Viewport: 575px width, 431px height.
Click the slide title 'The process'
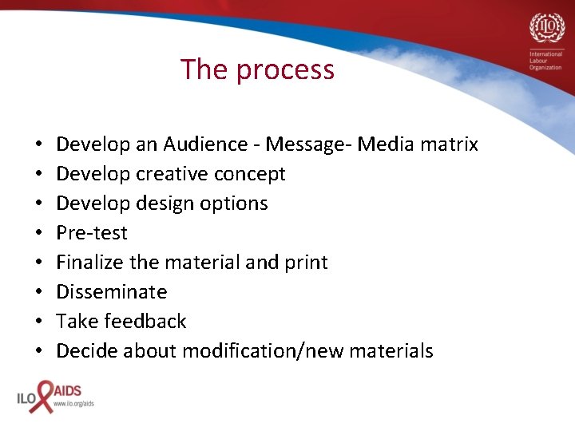[x=257, y=70]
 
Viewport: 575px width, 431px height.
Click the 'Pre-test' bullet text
[x=92, y=233]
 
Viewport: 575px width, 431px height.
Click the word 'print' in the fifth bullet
[x=306, y=263]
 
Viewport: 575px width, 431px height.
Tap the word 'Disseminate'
[x=112, y=292]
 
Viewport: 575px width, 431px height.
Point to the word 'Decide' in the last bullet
[x=86, y=351]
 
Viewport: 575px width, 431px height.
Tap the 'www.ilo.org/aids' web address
[x=73, y=404]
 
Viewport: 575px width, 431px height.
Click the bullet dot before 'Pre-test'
[x=38, y=234]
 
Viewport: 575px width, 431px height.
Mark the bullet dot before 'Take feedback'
[x=38, y=322]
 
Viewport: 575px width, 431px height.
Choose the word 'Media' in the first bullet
[x=385, y=144]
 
